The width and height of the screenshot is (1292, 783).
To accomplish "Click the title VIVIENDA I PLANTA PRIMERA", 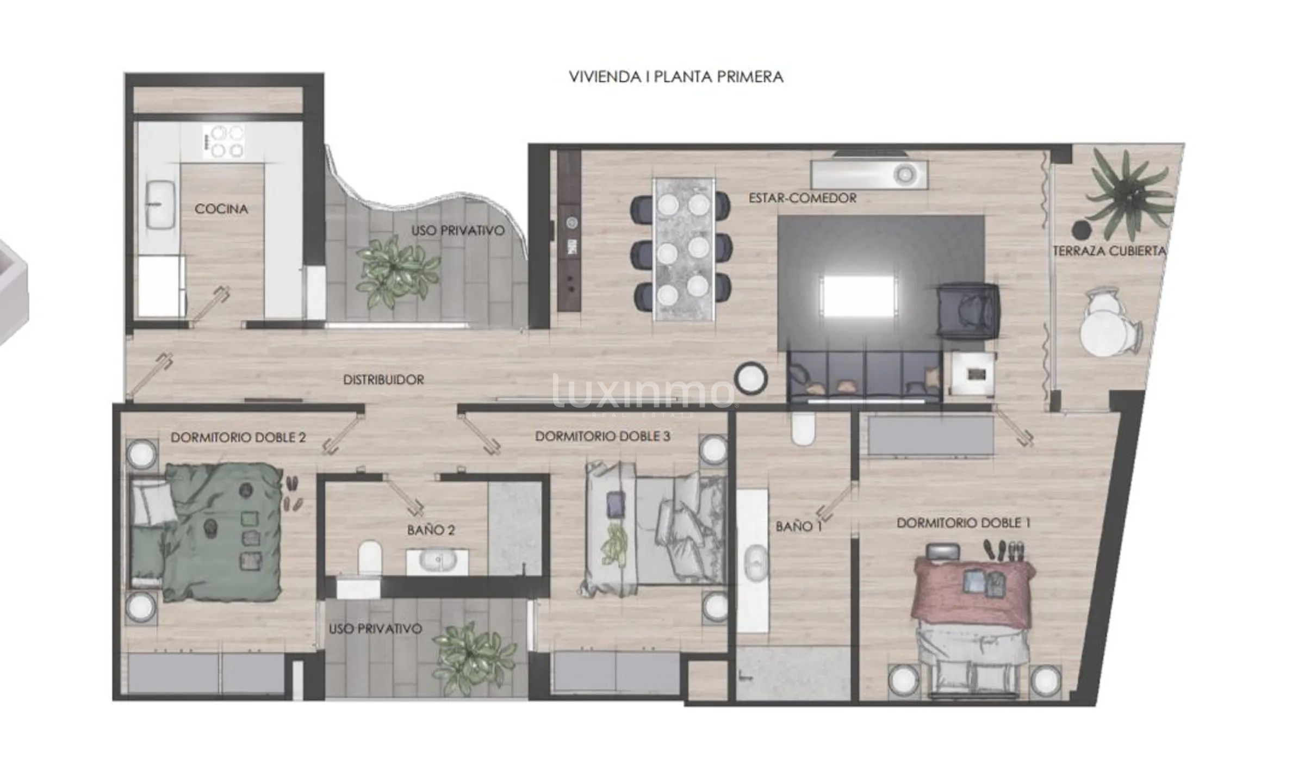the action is [676, 77].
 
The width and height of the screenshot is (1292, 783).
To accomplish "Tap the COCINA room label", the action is [221, 209].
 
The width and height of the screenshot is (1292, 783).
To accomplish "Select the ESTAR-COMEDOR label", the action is [803, 198].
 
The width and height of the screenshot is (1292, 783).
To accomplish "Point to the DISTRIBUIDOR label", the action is [383, 380].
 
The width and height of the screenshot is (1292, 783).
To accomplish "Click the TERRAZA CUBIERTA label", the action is [1110, 251].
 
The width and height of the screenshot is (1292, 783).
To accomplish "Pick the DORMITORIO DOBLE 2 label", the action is [238, 437].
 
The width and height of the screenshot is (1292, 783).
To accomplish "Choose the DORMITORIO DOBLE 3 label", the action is [602, 436].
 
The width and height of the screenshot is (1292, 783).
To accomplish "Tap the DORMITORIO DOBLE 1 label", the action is [964, 523].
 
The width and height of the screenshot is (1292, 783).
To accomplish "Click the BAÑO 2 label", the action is [431, 530].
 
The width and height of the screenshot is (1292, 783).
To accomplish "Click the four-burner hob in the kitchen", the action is [223, 141].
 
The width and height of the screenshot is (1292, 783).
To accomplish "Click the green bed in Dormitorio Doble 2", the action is [206, 532].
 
